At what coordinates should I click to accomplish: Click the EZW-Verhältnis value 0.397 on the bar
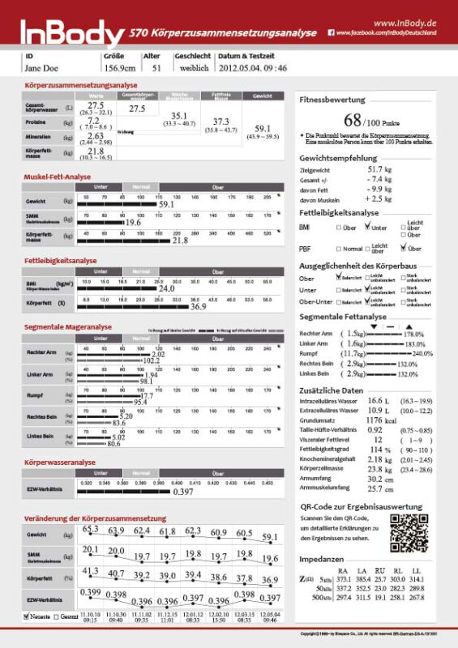(182, 492)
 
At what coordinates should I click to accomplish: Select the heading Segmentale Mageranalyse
(68, 327)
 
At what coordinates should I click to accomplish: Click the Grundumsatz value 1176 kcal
(379, 420)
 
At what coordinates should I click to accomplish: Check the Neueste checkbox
(28, 616)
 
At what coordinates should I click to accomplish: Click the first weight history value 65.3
(91, 529)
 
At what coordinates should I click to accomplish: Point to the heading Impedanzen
(322, 560)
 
